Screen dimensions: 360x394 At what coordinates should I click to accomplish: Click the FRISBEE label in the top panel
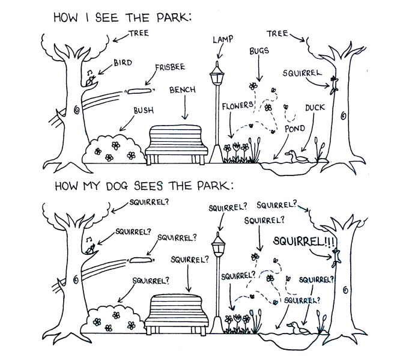pyautogui.click(x=170, y=68)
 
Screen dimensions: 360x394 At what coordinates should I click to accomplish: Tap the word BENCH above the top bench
pyautogui.click(x=182, y=90)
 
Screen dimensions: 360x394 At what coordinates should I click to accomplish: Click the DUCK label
pyautogui.click(x=314, y=108)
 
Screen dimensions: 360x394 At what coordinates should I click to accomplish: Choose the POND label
pyautogui.click(x=295, y=129)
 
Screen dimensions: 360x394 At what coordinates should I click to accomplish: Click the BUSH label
pyautogui.click(x=143, y=111)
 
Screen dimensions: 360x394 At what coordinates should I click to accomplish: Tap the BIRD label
pyautogui.click(x=123, y=63)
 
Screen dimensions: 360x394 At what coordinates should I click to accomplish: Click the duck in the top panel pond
pyautogui.click(x=292, y=156)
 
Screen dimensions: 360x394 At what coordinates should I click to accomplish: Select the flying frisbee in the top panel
pyautogui.click(x=139, y=91)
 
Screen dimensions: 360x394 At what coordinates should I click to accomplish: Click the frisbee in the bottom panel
pyautogui.click(x=141, y=260)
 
